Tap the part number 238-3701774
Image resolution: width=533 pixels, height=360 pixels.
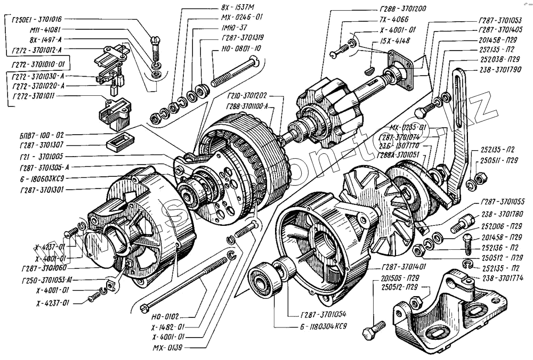coord(499,277)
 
